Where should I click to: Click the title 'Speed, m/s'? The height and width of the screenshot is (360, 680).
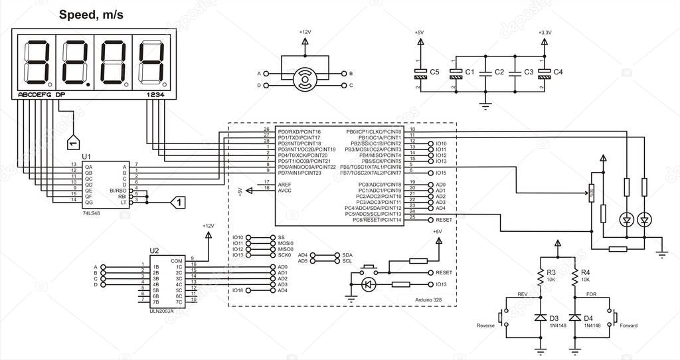pos(91,14)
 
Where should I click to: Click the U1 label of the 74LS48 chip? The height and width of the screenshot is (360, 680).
pos(86,157)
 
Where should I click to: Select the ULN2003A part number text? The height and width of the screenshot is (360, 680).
pos(161,311)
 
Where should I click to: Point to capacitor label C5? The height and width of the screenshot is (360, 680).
pos(435,71)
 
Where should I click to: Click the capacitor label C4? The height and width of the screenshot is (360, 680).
pos(558,71)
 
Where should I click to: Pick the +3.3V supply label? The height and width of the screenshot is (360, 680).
pos(545,32)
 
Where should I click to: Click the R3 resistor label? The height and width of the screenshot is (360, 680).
pos(551,272)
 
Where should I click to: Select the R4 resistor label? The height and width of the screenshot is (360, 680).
pos(585,272)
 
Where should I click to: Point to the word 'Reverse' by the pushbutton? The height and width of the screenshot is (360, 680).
pos(486,325)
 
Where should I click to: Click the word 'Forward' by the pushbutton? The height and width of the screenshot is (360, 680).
pos(628,325)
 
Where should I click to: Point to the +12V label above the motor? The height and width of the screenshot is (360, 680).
pos(305,32)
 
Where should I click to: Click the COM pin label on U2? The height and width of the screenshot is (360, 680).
pos(177,260)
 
